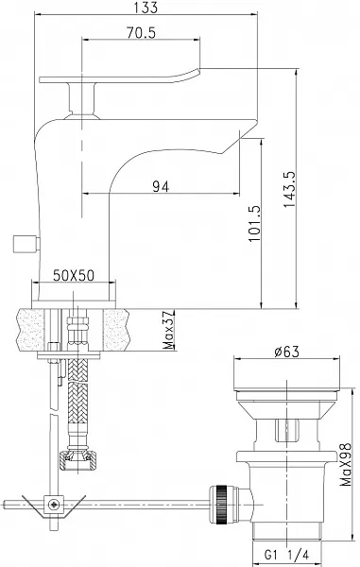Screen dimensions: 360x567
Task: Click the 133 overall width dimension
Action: tap(146, 8)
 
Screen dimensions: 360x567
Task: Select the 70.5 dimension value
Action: tap(141, 33)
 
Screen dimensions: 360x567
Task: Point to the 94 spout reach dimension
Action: tap(161, 186)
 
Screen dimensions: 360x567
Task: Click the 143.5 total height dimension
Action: tap(289, 189)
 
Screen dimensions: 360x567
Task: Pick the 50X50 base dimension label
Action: tap(74, 276)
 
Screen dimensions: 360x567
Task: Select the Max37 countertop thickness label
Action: tap(169, 330)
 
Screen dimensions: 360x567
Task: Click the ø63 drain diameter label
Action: tap(286, 352)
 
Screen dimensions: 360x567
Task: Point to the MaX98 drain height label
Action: tap(346, 464)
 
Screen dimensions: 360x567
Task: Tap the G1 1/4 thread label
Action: tap(286, 555)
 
